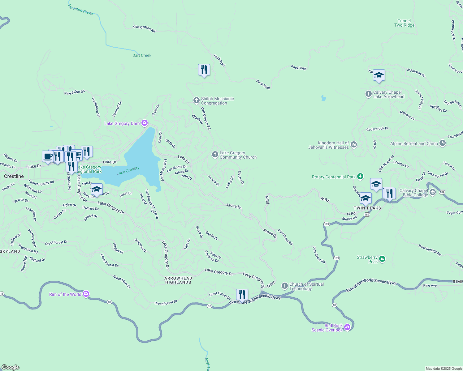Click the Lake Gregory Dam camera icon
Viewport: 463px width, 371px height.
[x=145, y=123]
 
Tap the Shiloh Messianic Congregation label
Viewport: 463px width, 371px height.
[x=217, y=101]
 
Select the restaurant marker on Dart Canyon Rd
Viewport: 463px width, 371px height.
[x=204, y=70]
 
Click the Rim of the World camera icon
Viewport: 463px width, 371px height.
[x=86, y=294]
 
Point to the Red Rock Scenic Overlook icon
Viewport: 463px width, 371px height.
[x=347, y=327]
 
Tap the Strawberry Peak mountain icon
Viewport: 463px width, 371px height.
[x=382, y=259]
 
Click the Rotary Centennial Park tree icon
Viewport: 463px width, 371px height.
[x=360, y=177]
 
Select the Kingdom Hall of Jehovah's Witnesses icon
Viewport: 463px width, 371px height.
[x=354, y=144]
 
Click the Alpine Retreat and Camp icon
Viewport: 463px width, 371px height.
[x=442, y=143]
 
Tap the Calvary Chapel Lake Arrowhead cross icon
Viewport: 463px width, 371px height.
[x=368, y=94]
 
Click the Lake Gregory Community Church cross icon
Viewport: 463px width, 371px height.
[x=215, y=155]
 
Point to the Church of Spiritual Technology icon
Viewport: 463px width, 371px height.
[x=284, y=286]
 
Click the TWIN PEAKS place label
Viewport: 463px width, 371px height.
[x=367, y=208]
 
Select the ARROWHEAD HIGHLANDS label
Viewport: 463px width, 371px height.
[x=178, y=280]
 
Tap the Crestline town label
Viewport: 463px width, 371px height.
[x=14, y=176]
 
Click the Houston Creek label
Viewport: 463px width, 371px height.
[x=81, y=10]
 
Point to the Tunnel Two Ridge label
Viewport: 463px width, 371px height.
[x=404, y=23]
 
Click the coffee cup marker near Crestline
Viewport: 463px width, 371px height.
[x=48, y=156]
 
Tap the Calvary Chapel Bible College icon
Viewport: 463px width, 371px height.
[x=433, y=192]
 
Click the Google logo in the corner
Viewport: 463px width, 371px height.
[x=10, y=367]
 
